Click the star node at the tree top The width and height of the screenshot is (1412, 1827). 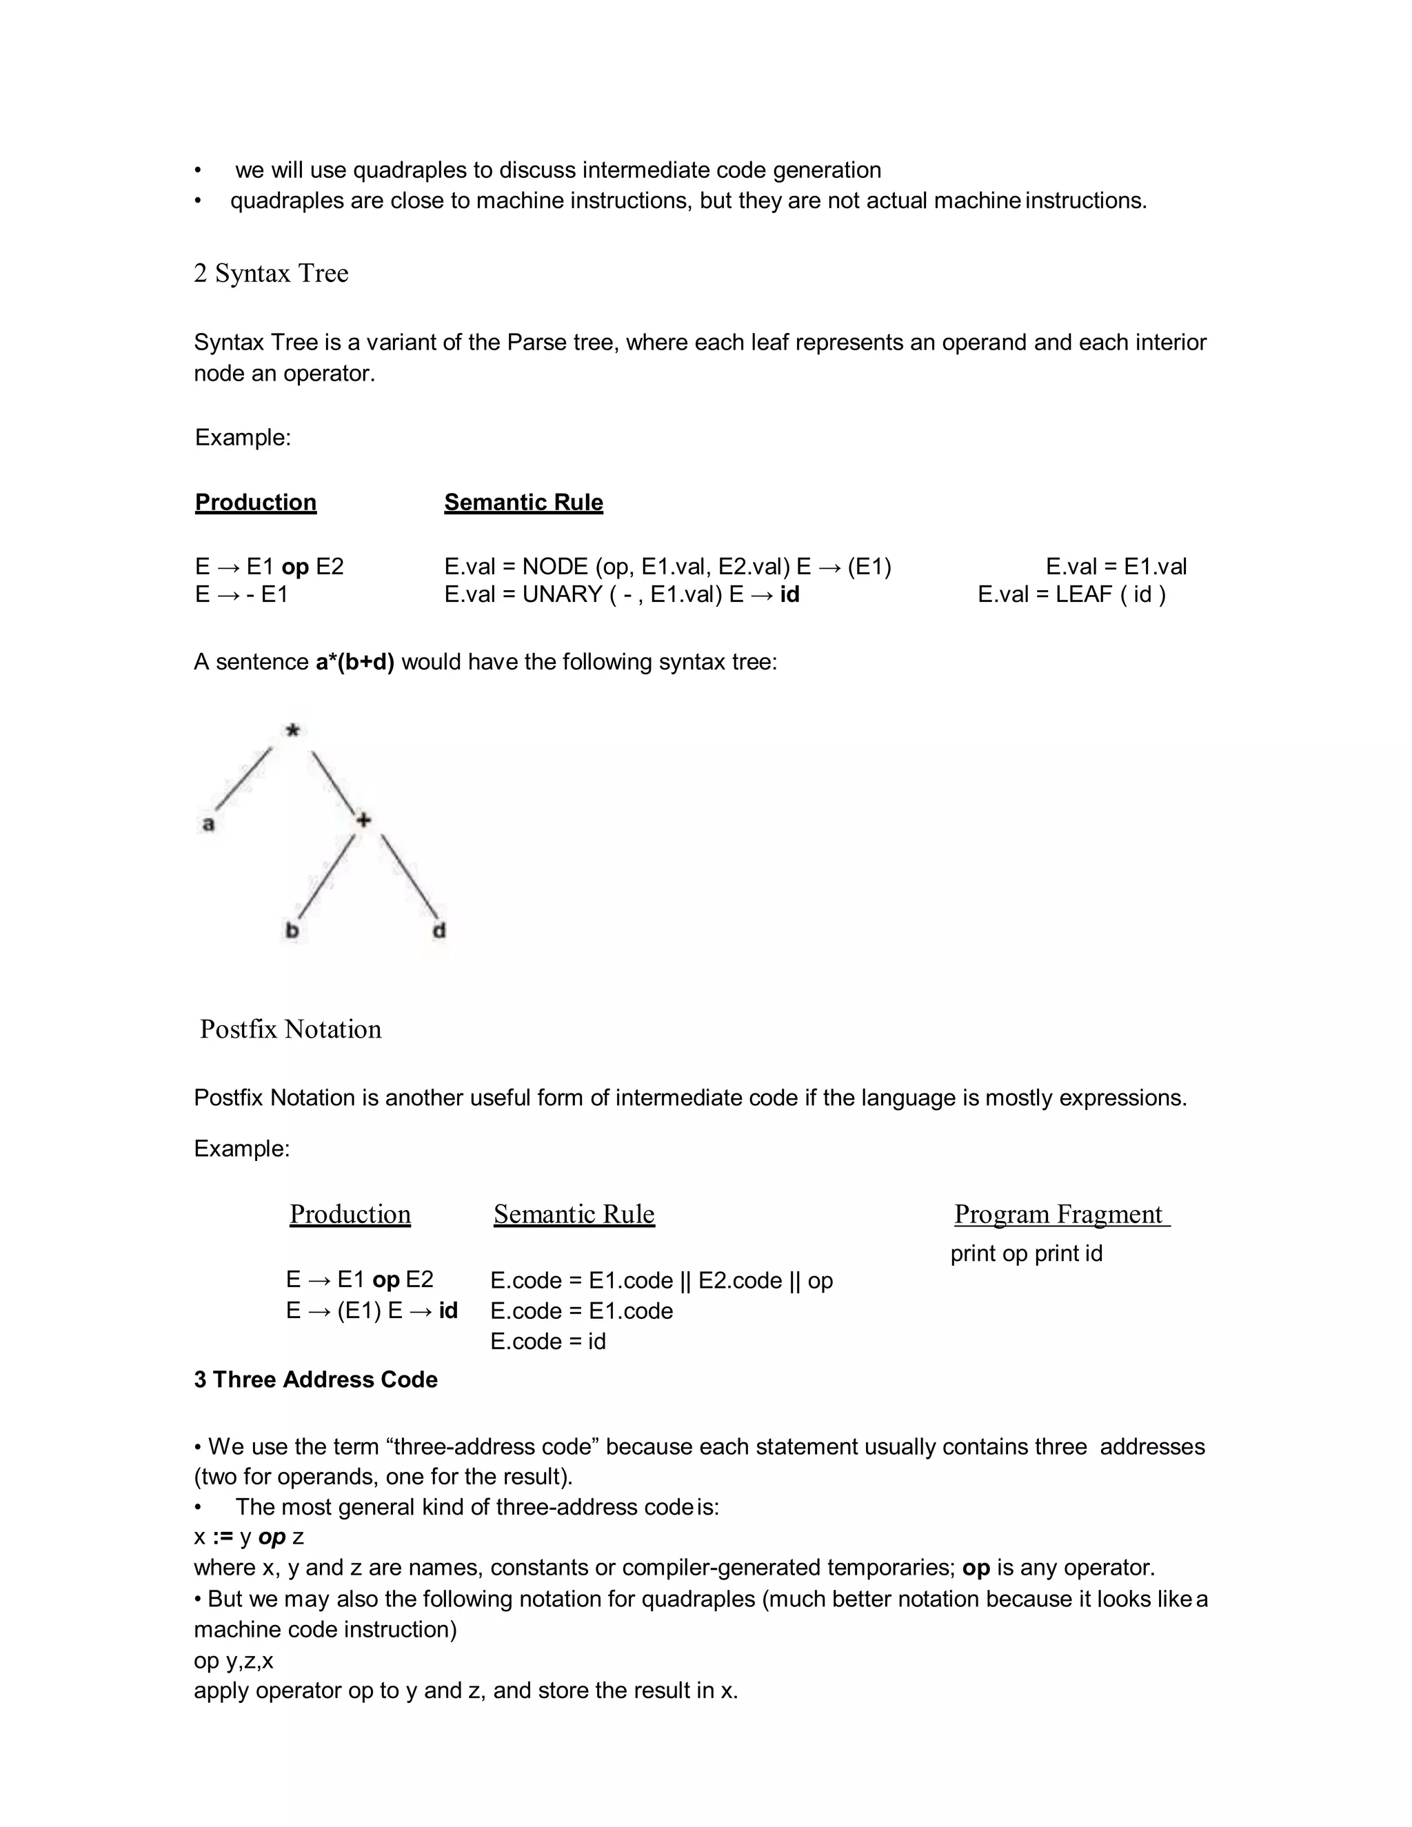pos(292,731)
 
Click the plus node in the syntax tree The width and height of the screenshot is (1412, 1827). pos(363,820)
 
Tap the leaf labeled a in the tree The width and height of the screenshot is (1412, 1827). pos(208,824)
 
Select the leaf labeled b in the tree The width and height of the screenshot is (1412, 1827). pos(292,930)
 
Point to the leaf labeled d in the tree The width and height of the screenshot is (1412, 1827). pos(439,930)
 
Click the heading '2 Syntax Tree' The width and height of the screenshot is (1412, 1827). pos(271,273)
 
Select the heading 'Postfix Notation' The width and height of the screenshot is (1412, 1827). pos(290,1029)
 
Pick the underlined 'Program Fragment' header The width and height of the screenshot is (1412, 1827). pos(1060,1214)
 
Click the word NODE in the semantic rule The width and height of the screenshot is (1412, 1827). pos(554,567)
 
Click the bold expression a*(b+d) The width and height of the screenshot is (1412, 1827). pos(354,662)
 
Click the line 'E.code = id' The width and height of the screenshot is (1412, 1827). pos(548,1341)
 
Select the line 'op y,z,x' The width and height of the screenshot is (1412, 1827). pos(234,1661)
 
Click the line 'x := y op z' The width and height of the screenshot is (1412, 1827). pos(248,1537)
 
